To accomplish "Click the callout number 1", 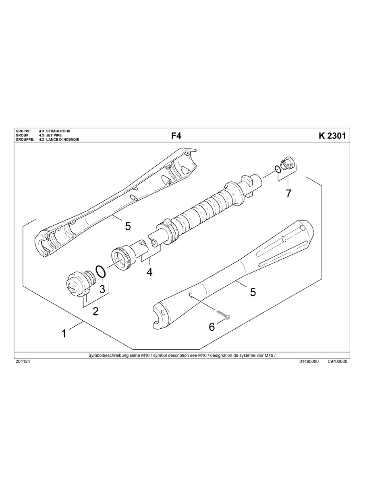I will pyautogui.click(x=64, y=334).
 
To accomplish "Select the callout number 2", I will pyautogui.click(x=95, y=311).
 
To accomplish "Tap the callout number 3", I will pyautogui.click(x=102, y=289).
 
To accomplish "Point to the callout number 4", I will pyautogui.click(x=149, y=272).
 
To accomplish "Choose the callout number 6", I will pyautogui.click(x=212, y=327).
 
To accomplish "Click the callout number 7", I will pyautogui.click(x=288, y=194).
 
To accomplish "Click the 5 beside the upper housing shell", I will pyautogui.click(x=128, y=226).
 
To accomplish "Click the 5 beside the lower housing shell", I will pyautogui.click(x=253, y=292).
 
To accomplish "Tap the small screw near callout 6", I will pyautogui.click(x=223, y=315).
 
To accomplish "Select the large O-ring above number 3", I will pyautogui.click(x=101, y=272).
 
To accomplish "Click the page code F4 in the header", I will pyautogui.click(x=176, y=136).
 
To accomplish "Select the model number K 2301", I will pyautogui.click(x=332, y=136).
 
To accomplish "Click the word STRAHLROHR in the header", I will pyautogui.click(x=58, y=132).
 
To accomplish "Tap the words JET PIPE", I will pyautogui.click(x=54, y=136).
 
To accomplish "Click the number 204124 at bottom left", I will pyautogui.click(x=23, y=361).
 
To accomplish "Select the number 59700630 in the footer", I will pyautogui.click(x=338, y=361).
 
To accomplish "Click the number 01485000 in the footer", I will pyautogui.click(x=309, y=361).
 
